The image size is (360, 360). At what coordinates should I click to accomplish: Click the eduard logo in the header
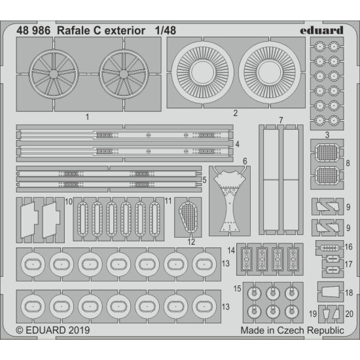tap(321, 28)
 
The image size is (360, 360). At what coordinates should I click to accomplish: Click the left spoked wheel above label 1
tap(58, 73)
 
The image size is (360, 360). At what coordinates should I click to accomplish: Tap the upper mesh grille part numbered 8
tap(326, 155)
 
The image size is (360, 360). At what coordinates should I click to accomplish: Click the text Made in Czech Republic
tap(291, 331)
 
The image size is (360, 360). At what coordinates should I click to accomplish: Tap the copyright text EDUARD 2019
tap(52, 331)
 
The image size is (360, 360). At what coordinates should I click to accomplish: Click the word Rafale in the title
tap(75, 29)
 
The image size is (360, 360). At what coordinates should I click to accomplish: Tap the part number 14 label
tap(231, 251)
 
